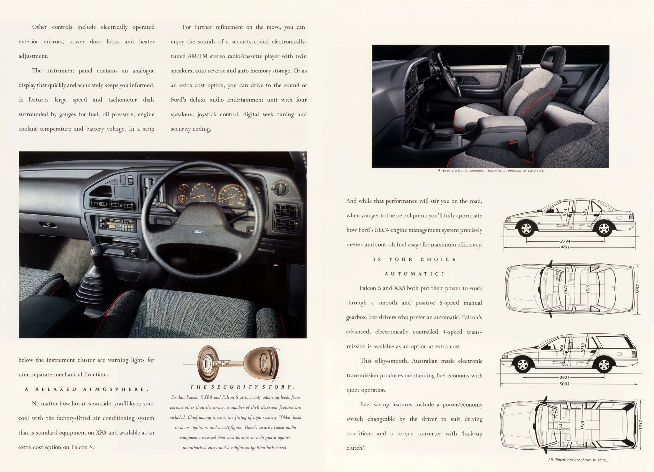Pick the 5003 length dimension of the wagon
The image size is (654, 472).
(564, 384)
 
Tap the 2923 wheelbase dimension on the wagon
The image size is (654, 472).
(565, 377)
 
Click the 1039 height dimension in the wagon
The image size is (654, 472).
(582, 348)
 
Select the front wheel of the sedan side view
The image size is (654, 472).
(526, 229)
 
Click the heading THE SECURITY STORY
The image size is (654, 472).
(242, 387)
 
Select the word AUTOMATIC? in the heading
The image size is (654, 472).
(414, 274)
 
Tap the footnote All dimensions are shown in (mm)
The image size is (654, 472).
(578, 460)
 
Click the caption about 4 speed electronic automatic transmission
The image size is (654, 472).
(491, 171)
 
